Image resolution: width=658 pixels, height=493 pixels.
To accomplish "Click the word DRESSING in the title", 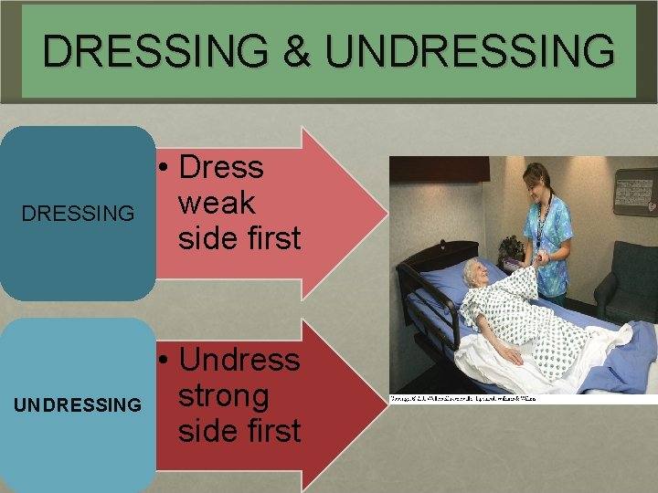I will pyautogui.click(x=155, y=51).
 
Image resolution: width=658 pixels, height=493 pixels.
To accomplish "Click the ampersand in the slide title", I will pyautogui.click(x=299, y=51).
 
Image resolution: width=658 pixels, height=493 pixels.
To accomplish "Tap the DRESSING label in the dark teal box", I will pyautogui.click(x=78, y=215).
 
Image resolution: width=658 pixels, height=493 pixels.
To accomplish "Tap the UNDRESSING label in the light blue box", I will pyautogui.click(x=78, y=404).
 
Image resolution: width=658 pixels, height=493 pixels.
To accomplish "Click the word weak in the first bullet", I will pyautogui.click(x=217, y=203).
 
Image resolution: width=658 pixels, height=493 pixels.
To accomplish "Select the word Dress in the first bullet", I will pyautogui.click(x=221, y=168).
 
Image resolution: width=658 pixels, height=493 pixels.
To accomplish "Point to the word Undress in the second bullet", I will pyautogui.click(x=239, y=360).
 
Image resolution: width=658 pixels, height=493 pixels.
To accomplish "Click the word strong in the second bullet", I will pyautogui.click(x=224, y=395).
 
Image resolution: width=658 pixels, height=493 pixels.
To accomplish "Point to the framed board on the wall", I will pyautogui.click(x=637, y=191).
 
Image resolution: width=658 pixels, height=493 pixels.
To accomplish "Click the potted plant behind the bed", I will pyautogui.click(x=510, y=249).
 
